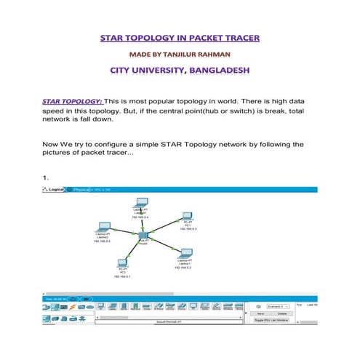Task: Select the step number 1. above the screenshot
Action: coord(46,176)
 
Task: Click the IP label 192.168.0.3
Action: coord(188,228)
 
